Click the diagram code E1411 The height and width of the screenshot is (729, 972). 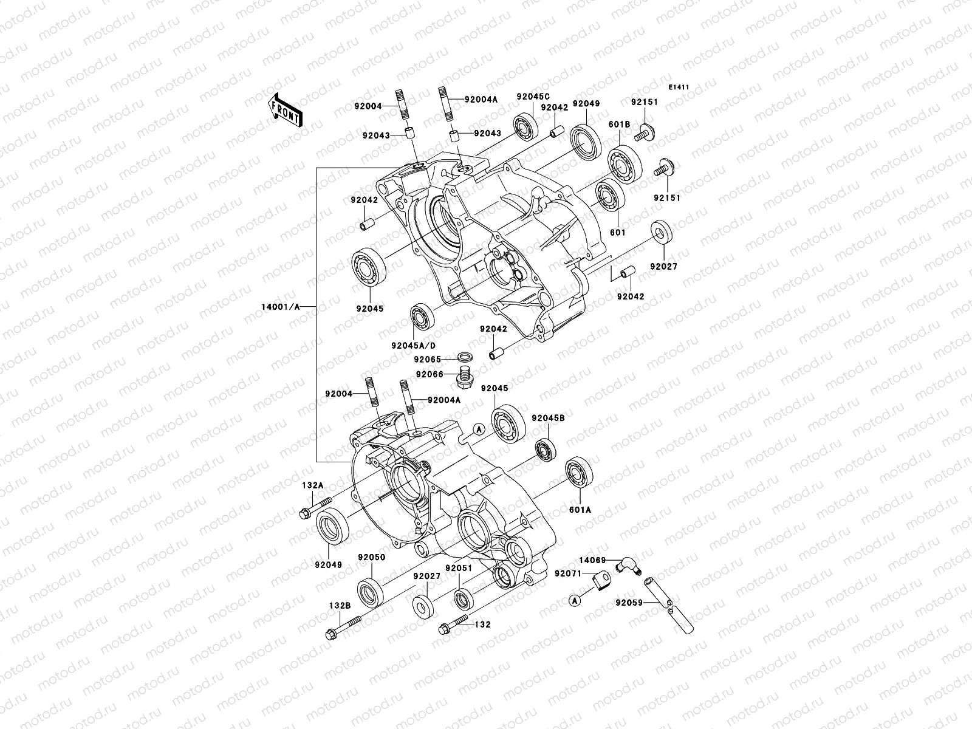click(679, 87)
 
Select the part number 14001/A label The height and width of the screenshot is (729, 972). click(280, 307)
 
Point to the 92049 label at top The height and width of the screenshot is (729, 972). click(586, 103)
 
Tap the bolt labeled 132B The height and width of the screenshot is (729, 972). click(343, 626)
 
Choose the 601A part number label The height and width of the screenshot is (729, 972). click(580, 510)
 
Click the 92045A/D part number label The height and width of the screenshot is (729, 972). click(414, 345)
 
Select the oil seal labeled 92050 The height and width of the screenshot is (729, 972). click(369, 592)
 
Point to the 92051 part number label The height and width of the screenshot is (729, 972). click(458, 567)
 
